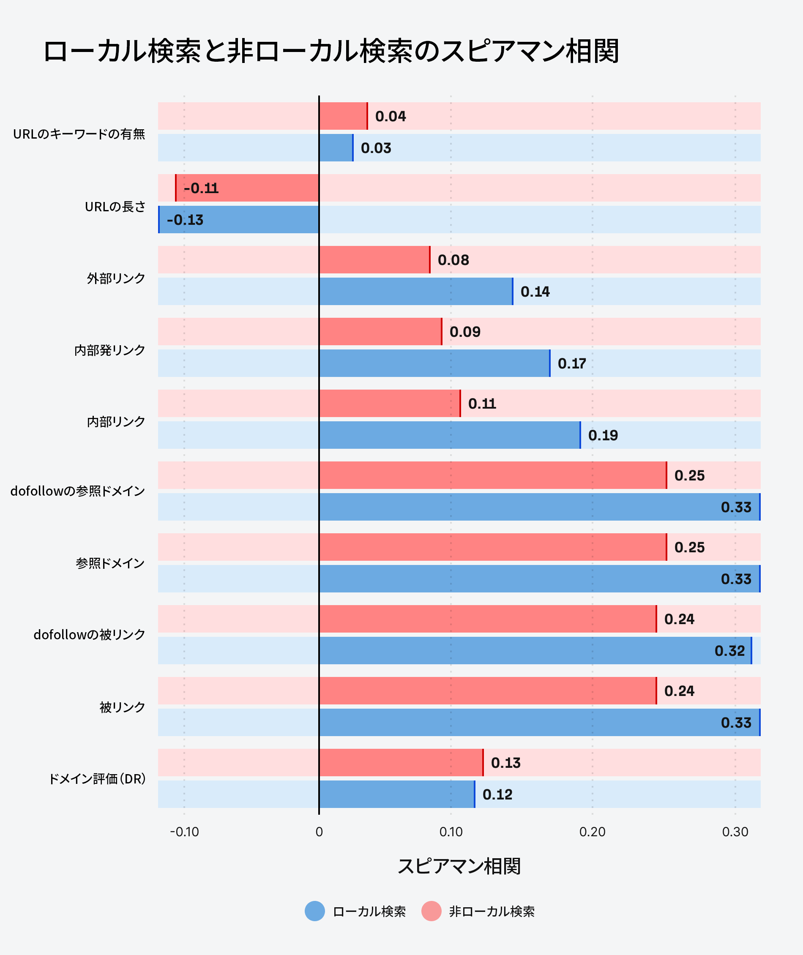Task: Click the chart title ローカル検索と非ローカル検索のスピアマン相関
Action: click(x=331, y=51)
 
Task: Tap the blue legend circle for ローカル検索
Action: click(x=314, y=911)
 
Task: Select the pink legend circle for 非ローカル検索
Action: click(x=431, y=911)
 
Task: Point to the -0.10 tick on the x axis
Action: click(x=184, y=832)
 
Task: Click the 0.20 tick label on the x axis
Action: click(x=592, y=832)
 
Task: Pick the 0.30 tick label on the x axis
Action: click(x=735, y=832)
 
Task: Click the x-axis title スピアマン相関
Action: click(x=459, y=866)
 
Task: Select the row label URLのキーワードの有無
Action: click(x=79, y=134)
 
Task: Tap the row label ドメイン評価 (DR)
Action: click(x=97, y=779)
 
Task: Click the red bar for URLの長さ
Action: click(x=247, y=188)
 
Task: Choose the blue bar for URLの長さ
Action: click(x=238, y=219)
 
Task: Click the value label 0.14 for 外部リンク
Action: click(x=535, y=292)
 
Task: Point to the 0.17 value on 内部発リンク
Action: click(x=572, y=363)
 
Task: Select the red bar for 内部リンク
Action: click(x=390, y=403)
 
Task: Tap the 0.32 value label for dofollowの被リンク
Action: click(x=729, y=651)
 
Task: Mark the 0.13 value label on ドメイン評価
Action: click(x=505, y=763)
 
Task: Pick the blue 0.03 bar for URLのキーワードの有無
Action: click(x=336, y=147)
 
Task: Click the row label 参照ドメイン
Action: click(x=110, y=563)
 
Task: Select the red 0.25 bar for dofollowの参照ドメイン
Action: click(x=492, y=475)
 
